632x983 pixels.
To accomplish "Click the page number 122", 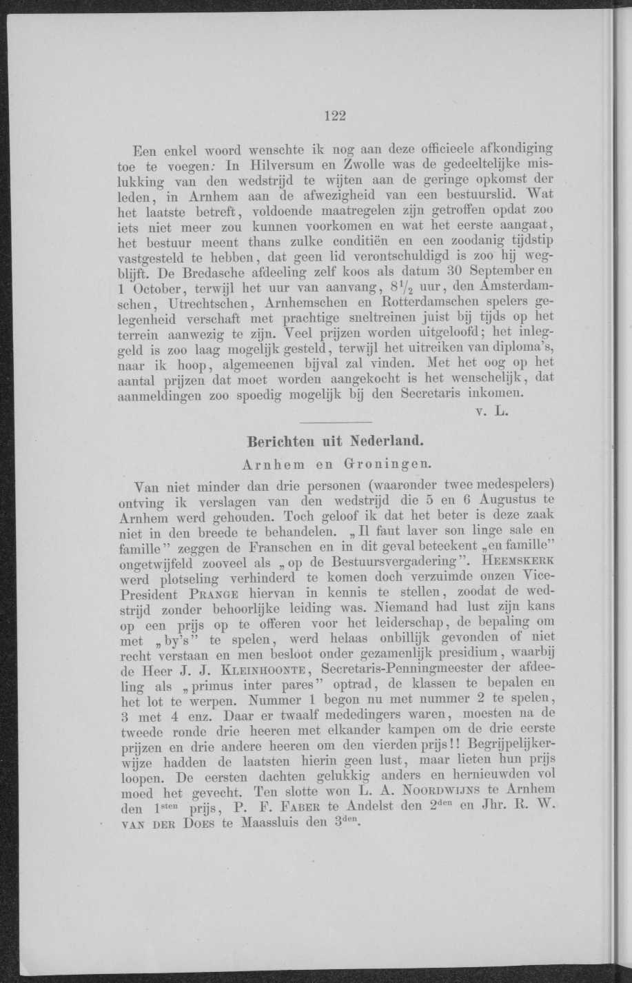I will (334, 116).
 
